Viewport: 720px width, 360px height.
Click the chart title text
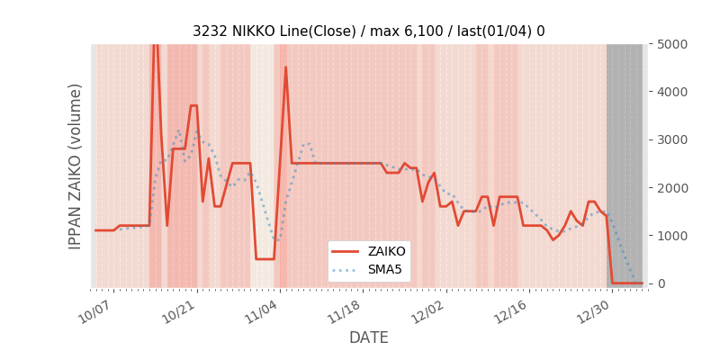(368, 31)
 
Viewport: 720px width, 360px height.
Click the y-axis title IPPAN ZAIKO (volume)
(76, 166)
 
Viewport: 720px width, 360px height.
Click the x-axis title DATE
(368, 337)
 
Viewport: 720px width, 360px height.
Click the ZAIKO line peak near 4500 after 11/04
(286, 67)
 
